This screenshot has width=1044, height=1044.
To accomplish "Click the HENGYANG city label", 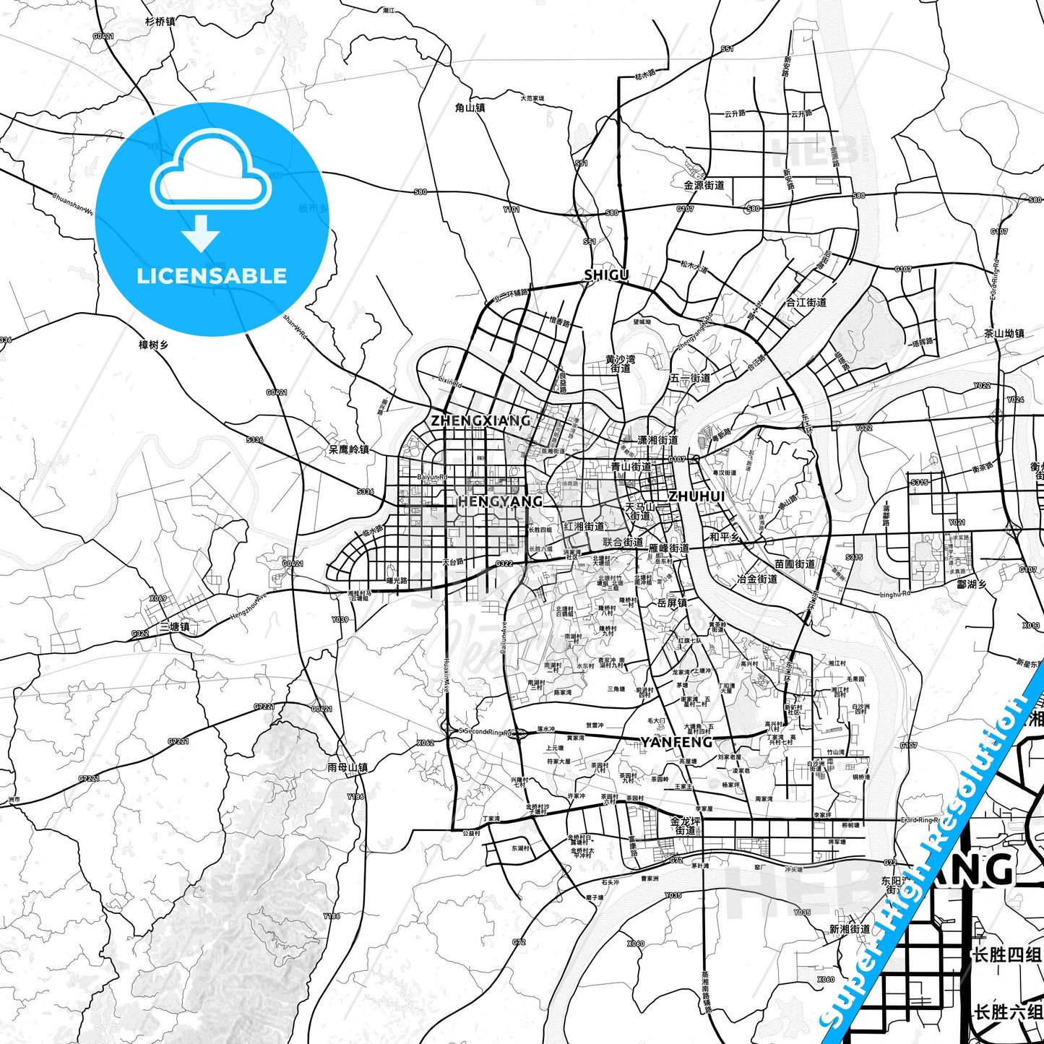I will [x=500, y=501].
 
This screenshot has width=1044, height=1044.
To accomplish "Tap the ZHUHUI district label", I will [x=696, y=496].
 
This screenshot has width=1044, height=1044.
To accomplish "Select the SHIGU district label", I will [x=606, y=275].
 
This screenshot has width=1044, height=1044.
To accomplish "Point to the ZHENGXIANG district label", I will [x=480, y=420].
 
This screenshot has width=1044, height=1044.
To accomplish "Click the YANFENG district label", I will [x=676, y=742].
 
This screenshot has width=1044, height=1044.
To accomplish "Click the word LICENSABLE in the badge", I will [x=212, y=275].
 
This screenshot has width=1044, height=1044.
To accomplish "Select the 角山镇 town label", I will [x=470, y=108].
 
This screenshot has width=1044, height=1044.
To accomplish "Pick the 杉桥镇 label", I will [x=160, y=22].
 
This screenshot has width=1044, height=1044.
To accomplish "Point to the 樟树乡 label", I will [x=153, y=345].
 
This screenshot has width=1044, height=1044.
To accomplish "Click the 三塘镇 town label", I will [x=174, y=626].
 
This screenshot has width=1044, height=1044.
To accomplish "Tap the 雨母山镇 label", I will [x=348, y=767].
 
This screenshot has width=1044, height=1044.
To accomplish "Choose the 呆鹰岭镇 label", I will [x=348, y=449].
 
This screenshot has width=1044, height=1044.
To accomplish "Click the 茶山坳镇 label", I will [x=1004, y=333].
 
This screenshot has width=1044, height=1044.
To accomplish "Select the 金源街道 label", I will [x=704, y=185].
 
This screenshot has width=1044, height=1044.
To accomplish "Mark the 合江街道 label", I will [x=806, y=302].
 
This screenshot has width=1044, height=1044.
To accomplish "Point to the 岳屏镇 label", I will [x=672, y=603].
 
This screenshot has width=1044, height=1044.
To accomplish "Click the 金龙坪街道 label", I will [x=686, y=826].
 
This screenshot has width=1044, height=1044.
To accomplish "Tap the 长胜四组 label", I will [x=1007, y=954].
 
